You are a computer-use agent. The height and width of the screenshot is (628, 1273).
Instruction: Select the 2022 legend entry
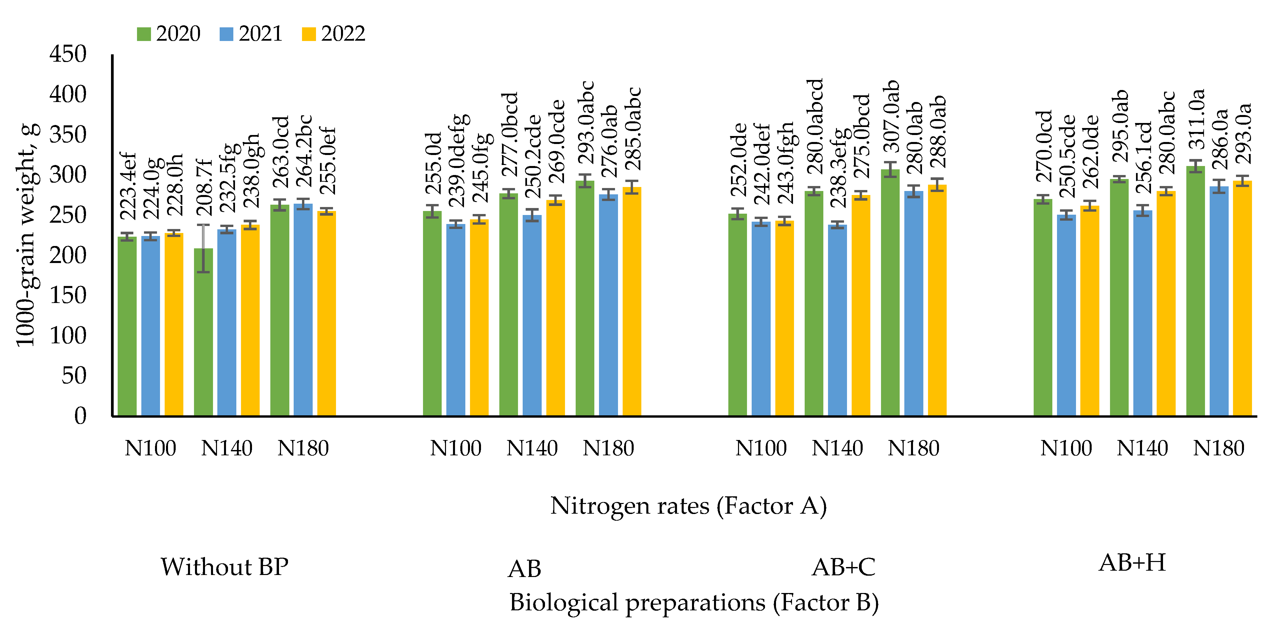(x=334, y=34)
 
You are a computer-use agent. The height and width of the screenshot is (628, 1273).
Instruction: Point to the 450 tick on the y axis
(x=68, y=54)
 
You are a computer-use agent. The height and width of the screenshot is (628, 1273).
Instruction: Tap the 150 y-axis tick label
(x=68, y=295)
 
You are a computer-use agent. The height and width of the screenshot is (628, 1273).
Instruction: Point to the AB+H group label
(x=1132, y=563)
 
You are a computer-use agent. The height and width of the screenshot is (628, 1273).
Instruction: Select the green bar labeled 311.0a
(x=1195, y=292)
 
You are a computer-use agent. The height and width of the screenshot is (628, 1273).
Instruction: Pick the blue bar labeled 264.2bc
(x=303, y=311)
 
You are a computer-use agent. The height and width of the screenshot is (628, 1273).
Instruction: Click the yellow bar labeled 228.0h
(x=174, y=326)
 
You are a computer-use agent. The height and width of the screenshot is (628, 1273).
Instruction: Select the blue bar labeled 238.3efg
(x=837, y=321)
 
